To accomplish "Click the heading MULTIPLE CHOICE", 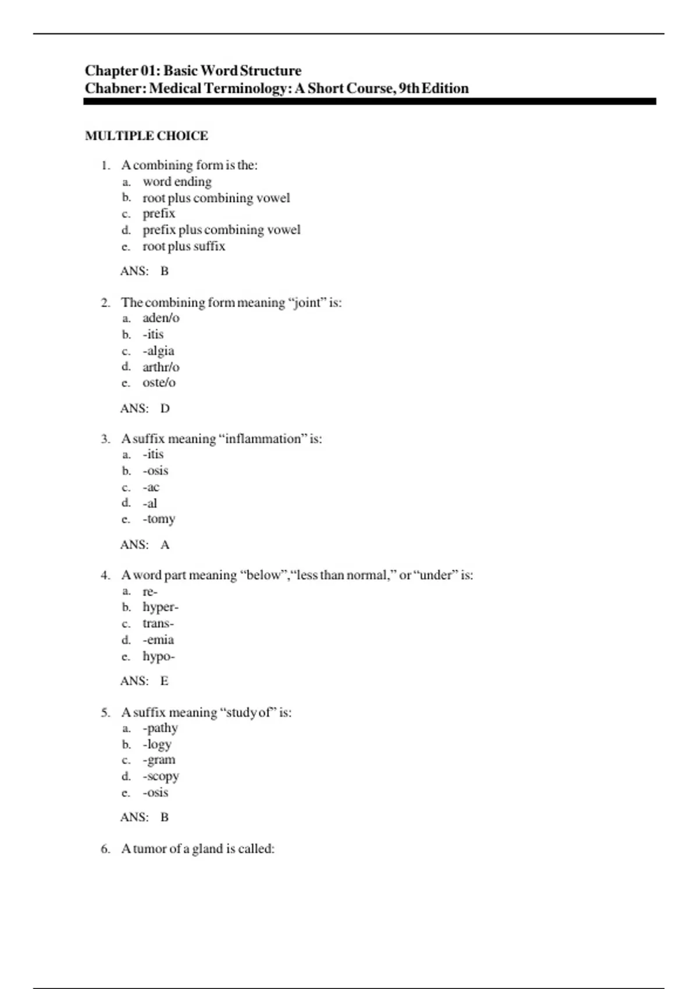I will [x=146, y=136].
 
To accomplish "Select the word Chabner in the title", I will [x=115, y=88].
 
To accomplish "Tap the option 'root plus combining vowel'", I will [x=216, y=198].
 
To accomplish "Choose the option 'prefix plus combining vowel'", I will [x=221, y=230].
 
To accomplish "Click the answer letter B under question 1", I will [x=165, y=271].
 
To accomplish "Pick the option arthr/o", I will [x=161, y=367].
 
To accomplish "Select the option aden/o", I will [x=161, y=318].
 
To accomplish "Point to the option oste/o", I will [x=159, y=383].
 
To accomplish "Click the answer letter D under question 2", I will [x=165, y=408].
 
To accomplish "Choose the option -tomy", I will [x=159, y=519].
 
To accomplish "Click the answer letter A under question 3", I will [x=165, y=545].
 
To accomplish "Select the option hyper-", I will [x=160, y=607].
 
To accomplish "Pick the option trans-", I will [x=158, y=624].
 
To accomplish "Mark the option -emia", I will [x=158, y=640].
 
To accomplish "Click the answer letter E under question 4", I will [x=165, y=681].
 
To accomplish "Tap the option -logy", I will [x=157, y=745].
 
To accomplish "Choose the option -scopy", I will [x=161, y=777].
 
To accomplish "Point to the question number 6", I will [x=105, y=849].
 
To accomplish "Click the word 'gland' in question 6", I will [x=208, y=849].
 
